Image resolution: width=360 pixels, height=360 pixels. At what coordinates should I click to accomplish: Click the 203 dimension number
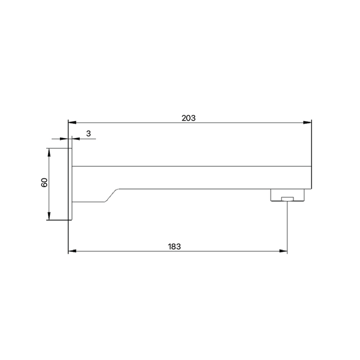(x=188, y=118)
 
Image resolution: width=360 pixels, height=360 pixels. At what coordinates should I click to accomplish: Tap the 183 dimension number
(x=174, y=247)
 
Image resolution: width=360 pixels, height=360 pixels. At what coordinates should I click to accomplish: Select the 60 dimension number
(x=44, y=182)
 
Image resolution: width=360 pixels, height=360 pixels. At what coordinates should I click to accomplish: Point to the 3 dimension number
(x=88, y=133)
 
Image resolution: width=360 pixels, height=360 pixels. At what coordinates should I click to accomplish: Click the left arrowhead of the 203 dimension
(x=72, y=122)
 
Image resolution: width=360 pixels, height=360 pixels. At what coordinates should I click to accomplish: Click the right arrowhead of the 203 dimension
(x=307, y=122)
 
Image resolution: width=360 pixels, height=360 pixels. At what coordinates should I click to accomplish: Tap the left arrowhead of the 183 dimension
(x=72, y=251)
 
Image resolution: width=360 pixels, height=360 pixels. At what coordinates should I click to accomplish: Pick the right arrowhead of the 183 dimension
(x=283, y=251)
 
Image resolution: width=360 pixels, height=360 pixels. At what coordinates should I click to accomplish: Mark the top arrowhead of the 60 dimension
(x=49, y=152)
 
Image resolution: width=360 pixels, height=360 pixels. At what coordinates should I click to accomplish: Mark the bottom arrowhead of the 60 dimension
(x=49, y=216)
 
